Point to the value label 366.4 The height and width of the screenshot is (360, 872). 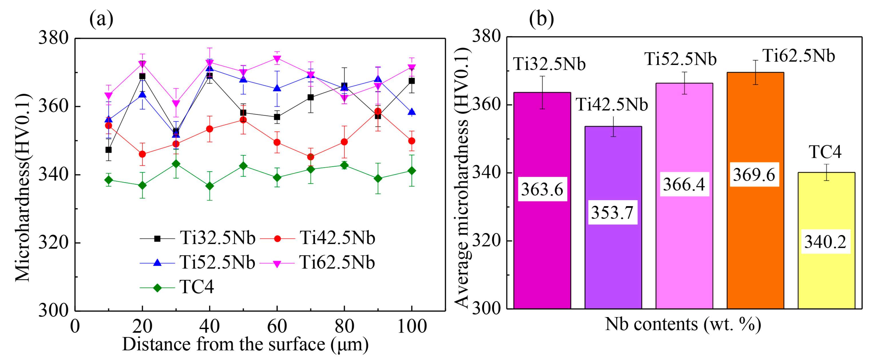684,184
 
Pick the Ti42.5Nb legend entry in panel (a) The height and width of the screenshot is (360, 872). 318,238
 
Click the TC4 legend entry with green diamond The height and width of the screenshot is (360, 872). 178,288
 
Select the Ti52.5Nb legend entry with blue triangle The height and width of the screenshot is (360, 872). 198,262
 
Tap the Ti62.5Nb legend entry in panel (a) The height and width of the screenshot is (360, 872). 318,263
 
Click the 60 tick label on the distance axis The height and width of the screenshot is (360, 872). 277,326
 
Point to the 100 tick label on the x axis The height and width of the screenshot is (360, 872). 412,326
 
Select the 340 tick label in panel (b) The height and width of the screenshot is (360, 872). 487,172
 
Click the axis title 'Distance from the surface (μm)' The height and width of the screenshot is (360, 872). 245,345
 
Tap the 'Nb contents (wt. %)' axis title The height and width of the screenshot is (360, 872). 683,324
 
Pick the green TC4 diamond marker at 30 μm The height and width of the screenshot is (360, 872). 176,164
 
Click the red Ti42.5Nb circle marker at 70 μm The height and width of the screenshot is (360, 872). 310,157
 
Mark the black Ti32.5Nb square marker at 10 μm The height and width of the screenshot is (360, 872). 108,150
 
